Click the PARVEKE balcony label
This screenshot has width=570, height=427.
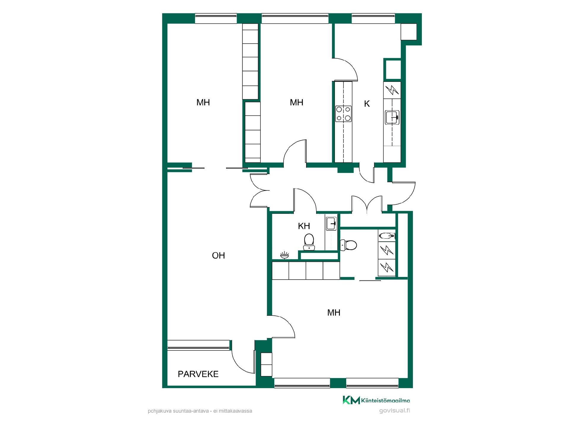click(198, 374)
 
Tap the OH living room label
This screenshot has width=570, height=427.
click(218, 255)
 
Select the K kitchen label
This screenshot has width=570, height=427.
click(367, 103)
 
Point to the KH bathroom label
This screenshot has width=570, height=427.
click(304, 226)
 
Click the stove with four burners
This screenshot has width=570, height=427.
click(343, 114)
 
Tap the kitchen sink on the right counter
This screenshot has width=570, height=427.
click(392, 117)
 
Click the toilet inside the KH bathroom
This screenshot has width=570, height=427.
click(309, 242)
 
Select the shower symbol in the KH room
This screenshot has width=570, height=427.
click(284, 255)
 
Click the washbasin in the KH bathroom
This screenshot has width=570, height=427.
click(331, 224)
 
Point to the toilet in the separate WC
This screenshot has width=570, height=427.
click(348, 245)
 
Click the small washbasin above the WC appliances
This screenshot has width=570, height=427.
click(387, 236)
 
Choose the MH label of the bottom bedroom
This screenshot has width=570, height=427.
click(334, 313)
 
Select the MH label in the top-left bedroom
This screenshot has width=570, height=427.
click(203, 102)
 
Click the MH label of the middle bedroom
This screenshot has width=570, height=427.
click(297, 102)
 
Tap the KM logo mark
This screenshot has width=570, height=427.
click(351, 400)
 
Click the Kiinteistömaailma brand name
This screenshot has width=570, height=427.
click(386, 401)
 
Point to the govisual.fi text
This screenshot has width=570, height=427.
click(395, 411)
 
